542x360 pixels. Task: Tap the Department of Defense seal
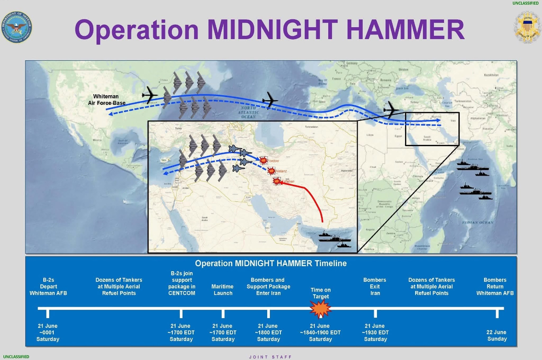pyautogui.click(x=17, y=28)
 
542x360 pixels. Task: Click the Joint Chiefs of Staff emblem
pyautogui.click(x=527, y=27)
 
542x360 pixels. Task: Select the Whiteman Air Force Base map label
pyautogui.click(x=107, y=100)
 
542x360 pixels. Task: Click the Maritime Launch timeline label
pyautogui.click(x=223, y=290)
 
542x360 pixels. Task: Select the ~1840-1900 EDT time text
pyautogui.click(x=320, y=332)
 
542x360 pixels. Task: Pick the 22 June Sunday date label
pyautogui.click(x=497, y=335)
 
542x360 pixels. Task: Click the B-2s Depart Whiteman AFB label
pyautogui.click(x=48, y=286)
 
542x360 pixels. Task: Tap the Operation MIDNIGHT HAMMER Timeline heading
pyautogui.click(x=271, y=263)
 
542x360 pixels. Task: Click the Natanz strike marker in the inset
pyautogui.click(x=271, y=171)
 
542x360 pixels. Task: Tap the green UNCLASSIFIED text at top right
pyautogui.click(x=525, y=3)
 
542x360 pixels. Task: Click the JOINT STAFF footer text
pyautogui.click(x=270, y=357)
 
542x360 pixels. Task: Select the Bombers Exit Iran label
pyautogui.click(x=375, y=286)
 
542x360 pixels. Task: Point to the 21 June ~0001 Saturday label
pyautogui.click(x=48, y=332)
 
